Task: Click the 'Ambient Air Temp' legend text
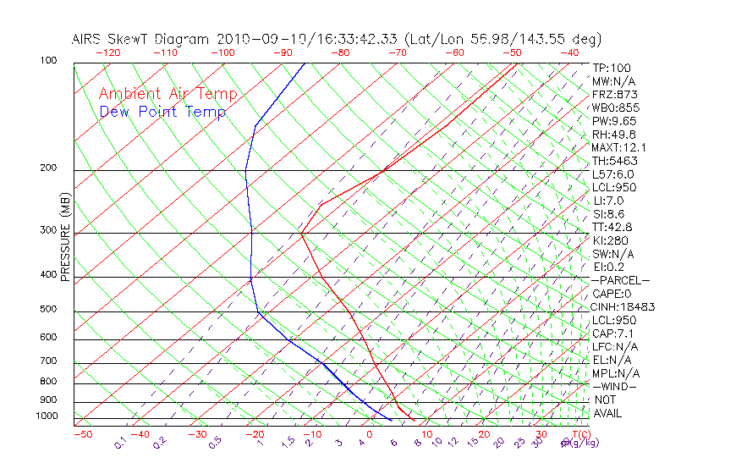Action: [168, 94]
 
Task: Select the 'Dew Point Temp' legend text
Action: [162, 112]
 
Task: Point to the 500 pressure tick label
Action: [47, 309]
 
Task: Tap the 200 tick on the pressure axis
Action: [47, 168]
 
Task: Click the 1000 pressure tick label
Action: [46, 416]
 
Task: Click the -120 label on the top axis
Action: [107, 52]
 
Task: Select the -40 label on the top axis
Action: [569, 52]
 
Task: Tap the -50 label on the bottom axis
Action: [82, 434]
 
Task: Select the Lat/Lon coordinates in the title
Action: [503, 39]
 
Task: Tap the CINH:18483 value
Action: [623, 307]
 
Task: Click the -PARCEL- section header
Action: [621, 280]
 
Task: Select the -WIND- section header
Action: [615, 386]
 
